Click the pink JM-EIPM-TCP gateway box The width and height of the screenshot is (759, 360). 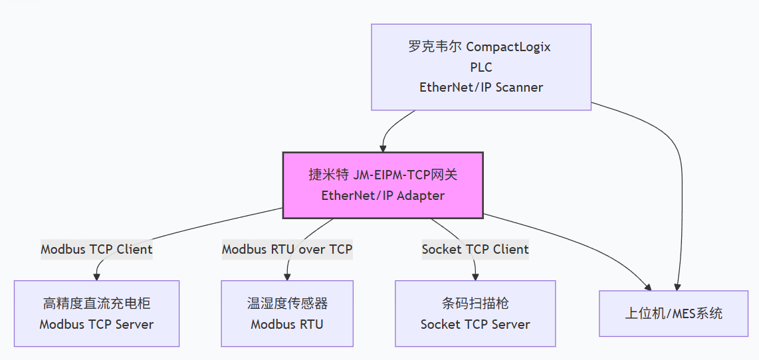click(383, 185)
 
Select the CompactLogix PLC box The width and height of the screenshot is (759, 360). click(481, 67)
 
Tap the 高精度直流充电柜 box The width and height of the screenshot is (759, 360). click(96, 314)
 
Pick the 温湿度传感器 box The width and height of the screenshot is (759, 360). click(287, 314)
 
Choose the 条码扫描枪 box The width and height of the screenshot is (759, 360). click(475, 314)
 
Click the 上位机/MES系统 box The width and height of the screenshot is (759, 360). click(673, 314)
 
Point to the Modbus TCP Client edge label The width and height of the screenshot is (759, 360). click(96, 250)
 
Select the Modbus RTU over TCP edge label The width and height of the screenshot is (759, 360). click(287, 250)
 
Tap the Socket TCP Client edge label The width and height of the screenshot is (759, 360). click(475, 250)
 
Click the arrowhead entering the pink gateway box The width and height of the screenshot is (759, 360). click(383, 147)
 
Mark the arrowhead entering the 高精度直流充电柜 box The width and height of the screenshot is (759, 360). click(97, 276)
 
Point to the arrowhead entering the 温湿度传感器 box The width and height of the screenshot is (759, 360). click(287, 276)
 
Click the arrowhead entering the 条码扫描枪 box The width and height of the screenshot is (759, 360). click(475, 276)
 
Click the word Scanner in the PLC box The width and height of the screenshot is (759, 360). click(518, 87)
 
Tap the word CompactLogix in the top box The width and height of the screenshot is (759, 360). click(508, 47)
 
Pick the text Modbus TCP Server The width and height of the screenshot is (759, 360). click(96, 325)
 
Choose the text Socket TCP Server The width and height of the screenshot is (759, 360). click(475, 325)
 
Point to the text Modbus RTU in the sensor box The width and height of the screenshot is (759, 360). click(287, 325)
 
